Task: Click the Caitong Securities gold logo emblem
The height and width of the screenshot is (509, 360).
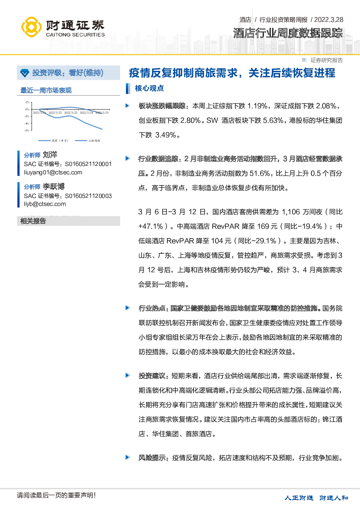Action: pos(31,27)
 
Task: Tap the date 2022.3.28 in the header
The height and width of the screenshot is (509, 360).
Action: pos(329,20)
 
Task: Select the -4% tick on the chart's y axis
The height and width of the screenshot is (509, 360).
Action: pos(27,123)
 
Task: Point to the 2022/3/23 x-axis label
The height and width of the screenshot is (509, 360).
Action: pos(71,112)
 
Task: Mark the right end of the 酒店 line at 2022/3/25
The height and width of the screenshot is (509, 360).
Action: pos(102,129)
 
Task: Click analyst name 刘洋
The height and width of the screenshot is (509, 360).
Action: pos(50,155)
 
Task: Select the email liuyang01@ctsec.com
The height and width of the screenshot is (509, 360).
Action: pos(53,172)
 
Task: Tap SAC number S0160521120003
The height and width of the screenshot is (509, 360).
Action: pos(88,196)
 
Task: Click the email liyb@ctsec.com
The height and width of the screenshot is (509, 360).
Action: pos(45,204)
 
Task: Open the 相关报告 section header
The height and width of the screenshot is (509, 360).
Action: pos(33,221)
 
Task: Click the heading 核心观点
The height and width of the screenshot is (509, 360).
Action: pos(149,88)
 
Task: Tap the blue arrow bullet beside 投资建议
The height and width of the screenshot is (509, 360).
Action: pos(128,375)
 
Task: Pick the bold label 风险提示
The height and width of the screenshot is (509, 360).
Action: pos(152,457)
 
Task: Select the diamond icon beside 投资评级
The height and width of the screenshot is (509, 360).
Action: pos(25,73)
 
